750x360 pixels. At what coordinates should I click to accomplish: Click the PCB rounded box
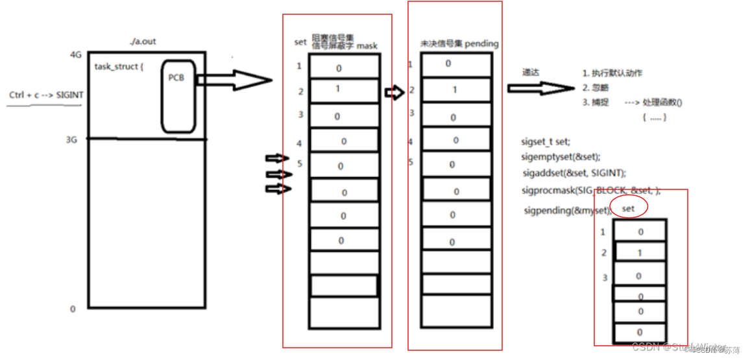(178, 96)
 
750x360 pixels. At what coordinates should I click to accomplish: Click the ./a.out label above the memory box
(142, 42)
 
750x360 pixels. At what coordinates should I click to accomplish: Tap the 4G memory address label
(75, 55)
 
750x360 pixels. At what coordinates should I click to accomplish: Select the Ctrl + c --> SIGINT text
(46, 95)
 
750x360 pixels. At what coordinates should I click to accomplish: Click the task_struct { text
(119, 66)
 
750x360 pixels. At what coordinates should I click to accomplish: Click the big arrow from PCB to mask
(233, 80)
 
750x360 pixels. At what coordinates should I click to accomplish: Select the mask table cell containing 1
(343, 90)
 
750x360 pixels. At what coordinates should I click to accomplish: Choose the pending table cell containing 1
(455, 90)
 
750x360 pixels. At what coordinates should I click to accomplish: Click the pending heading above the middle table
(459, 43)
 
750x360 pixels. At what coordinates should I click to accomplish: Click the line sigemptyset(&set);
(561, 157)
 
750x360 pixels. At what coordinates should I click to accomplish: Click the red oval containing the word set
(628, 208)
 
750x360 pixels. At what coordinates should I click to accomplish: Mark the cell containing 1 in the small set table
(640, 252)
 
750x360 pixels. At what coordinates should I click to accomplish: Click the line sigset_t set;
(546, 141)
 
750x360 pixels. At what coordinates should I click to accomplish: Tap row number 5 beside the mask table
(300, 163)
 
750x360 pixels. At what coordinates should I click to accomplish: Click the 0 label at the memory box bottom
(73, 309)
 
